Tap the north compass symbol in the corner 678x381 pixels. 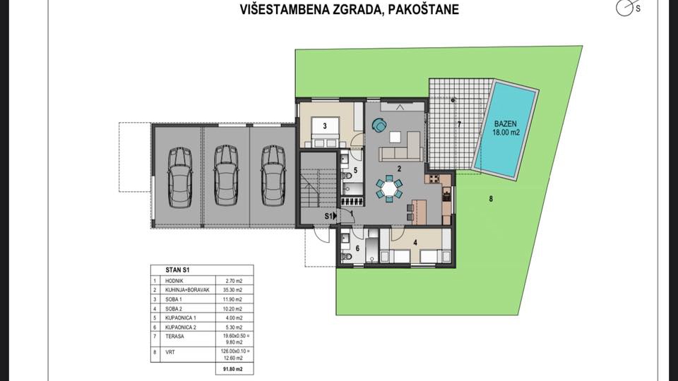pyautogui.click(x=624, y=8)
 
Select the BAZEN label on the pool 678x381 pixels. pyautogui.click(x=507, y=121)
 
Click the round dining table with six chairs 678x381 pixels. pyautogui.click(x=389, y=188)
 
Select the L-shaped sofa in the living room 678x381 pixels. pyautogui.click(x=401, y=151)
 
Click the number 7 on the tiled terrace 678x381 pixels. pyautogui.click(x=458, y=125)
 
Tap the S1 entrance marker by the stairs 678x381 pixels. pyautogui.click(x=329, y=216)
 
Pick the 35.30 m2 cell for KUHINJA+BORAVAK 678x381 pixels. pyautogui.click(x=234, y=289)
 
